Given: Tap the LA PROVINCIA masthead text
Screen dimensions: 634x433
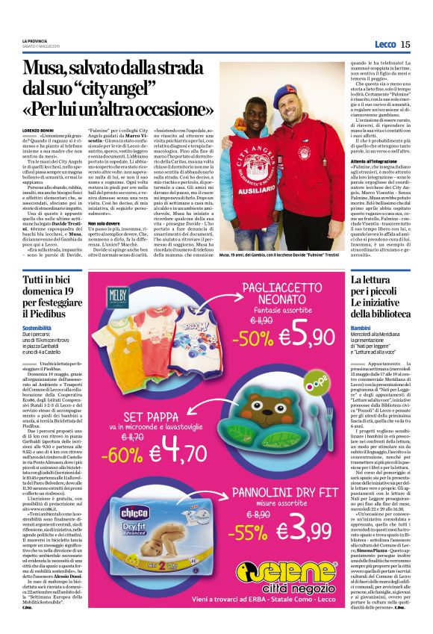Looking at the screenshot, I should click(x=35, y=40).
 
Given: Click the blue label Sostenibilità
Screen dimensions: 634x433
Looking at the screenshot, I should click(x=37, y=327).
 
